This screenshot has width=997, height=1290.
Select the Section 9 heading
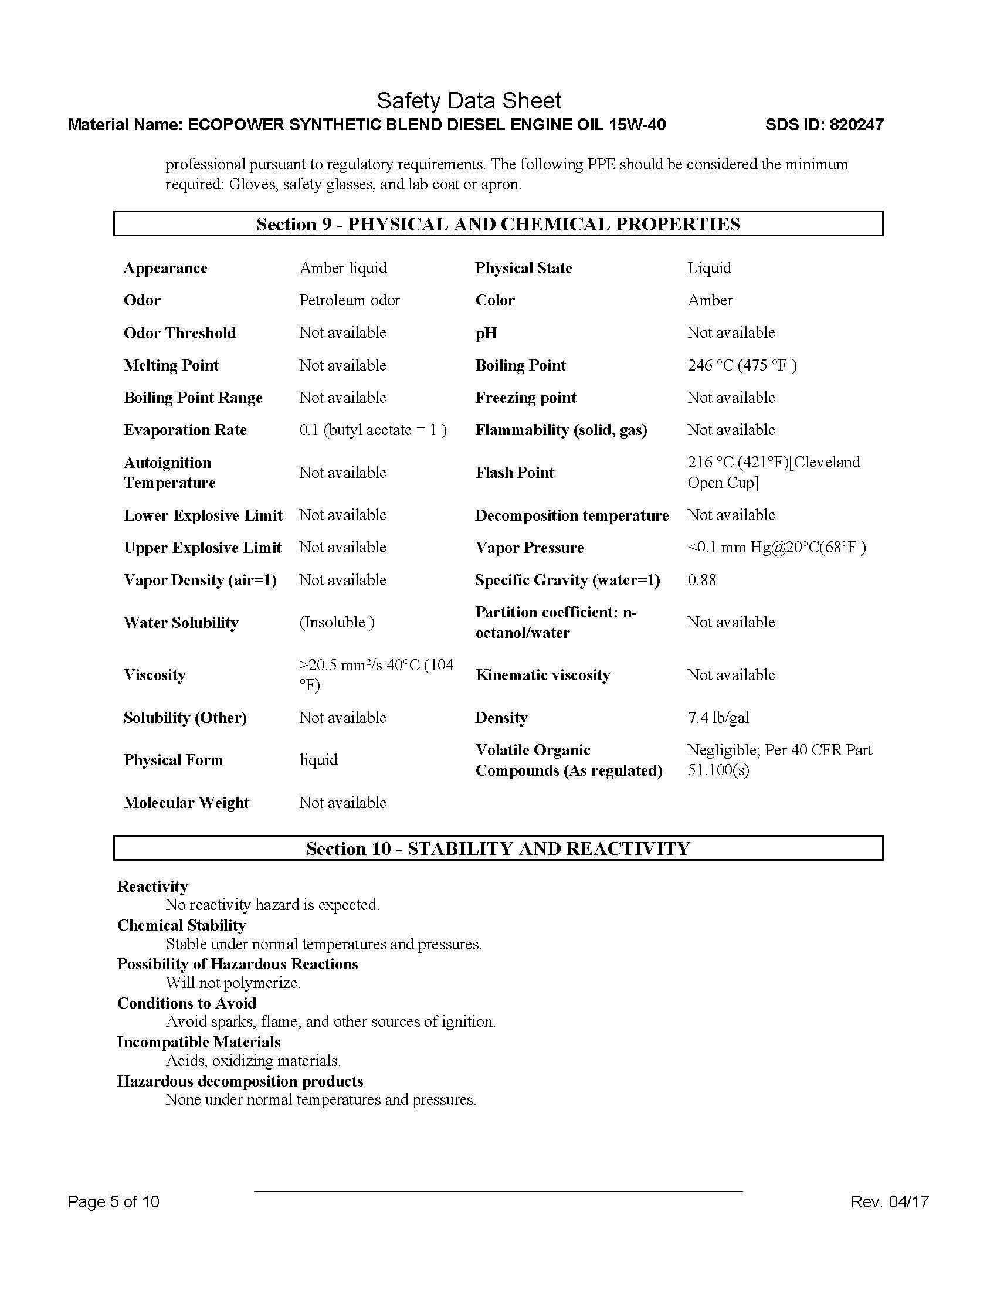(x=498, y=224)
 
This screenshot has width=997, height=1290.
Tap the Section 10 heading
(x=498, y=848)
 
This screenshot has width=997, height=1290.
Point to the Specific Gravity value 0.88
(x=701, y=579)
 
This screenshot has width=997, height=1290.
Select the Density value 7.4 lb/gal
(x=718, y=717)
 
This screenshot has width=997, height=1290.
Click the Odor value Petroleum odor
(x=349, y=300)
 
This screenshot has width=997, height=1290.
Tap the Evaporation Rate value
(x=372, y=429)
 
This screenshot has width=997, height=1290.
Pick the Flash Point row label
(x=514, y=473)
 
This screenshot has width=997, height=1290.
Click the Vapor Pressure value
(x=776, y=547)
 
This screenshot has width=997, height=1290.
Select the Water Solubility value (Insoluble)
(x=337, y=622)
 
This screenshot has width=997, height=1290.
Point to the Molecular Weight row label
(x=186, y=802)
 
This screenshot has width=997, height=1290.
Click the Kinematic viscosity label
(x=542, y=674)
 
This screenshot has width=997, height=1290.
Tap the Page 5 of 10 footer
(x=113, y=1201)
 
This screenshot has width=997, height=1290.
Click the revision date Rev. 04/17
(x=890, y=1201)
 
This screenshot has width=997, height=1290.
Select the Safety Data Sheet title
(x=469, y=101)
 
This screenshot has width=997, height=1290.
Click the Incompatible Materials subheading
(x=198, y=1042)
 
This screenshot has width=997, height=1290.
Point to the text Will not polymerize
(x=233, y=983)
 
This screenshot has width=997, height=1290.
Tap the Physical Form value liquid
(x=318, y=759)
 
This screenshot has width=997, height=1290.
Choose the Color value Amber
(x=710, y=300)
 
